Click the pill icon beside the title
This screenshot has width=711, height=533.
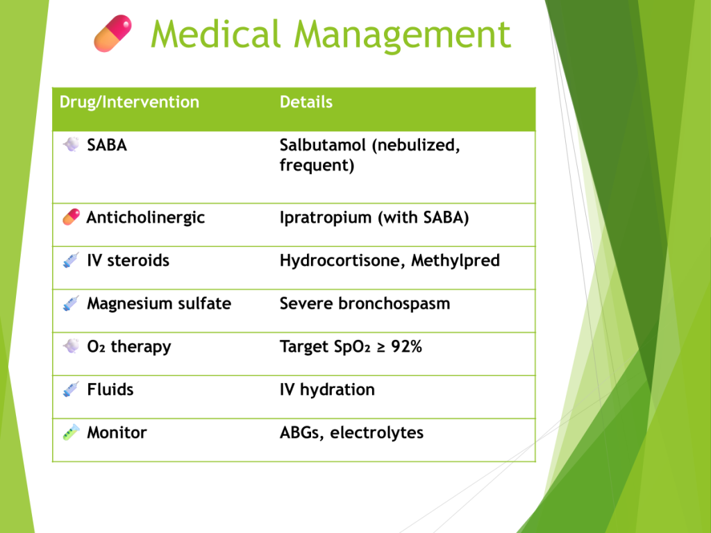pos(113,33)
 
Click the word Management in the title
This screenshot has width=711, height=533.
pos(402,35)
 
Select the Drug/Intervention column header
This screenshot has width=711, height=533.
pos(129,103)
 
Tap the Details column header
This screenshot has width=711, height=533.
pos(306,102)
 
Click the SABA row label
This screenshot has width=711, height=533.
pos(107,145)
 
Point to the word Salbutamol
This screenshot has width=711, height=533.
pos(323,145)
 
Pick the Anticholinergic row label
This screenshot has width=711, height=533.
pos(146,218)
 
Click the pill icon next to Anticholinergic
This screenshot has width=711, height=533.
pos(72,217)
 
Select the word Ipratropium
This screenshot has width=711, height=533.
pos(326,218)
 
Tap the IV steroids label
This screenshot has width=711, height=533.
pos(128,261)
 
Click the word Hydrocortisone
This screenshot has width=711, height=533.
pos(342,261)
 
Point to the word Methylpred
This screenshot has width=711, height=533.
pos(455,261)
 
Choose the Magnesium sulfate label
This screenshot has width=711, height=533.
pos(159,304)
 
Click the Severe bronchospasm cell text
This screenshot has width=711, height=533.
pos(365,304)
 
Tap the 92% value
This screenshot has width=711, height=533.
pos(407,347)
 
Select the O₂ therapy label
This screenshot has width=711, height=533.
pos(129,347)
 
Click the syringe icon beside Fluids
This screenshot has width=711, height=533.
pos(71,389)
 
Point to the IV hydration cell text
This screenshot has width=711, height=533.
pos(328,390)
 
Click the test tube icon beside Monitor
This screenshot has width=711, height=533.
pos(72,432)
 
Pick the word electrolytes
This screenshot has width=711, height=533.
pos(377,433)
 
